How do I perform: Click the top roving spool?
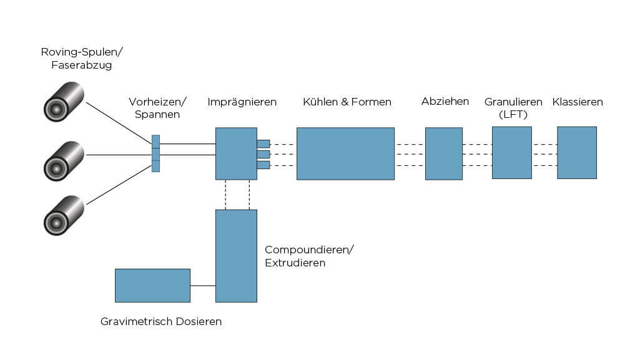64,103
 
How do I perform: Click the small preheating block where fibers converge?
155,153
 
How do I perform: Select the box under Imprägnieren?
236,153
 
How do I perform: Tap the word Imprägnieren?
242,102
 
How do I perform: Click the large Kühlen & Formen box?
345,153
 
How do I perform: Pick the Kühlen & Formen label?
347,102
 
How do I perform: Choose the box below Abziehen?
444,153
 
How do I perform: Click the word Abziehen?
445,101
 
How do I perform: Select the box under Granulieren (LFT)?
511,153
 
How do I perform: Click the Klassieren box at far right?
576,153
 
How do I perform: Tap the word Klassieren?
578,102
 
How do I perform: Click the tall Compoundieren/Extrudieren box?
236,256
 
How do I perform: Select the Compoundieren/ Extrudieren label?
309,256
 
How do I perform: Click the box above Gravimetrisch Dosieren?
152,285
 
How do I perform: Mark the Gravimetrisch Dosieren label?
161,322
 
